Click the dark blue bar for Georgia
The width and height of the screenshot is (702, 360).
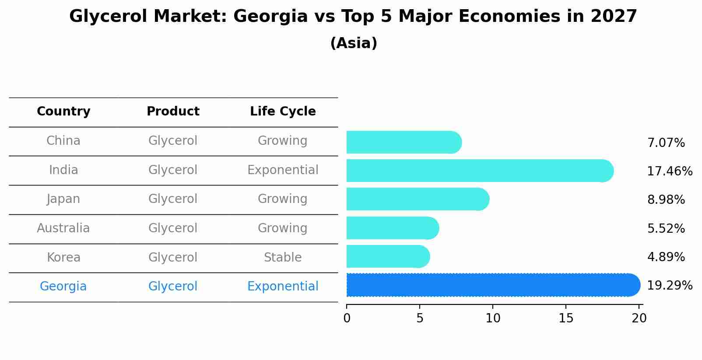[x=492, y=285]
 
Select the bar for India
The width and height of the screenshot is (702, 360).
[x=479, y=171]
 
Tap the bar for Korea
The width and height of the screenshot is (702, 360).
[x=387, y=256]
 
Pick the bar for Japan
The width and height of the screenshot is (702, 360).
[x=417, y=199]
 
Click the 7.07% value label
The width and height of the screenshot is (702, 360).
[x=666, y=143]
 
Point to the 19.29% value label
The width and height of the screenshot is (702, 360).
[x=669, y=286]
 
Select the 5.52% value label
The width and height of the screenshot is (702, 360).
[x=666, y=228]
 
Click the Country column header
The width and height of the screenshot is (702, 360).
[x=63, y=112]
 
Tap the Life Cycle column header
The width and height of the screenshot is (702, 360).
[x=283, y=112]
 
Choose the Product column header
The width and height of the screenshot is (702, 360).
[x=173, y=112]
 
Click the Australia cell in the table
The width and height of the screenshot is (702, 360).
[x=63, y=228]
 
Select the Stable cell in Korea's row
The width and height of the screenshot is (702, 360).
[x=283, y=258]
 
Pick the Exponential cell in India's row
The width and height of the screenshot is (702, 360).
[x=283, y=170]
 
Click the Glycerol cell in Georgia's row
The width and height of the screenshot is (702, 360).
[x=173, y=287]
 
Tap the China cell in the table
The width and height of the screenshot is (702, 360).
[x=63, y=141]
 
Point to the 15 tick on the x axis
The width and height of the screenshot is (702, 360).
[x=566, y=318]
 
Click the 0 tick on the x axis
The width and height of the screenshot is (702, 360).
[x=347, y=318]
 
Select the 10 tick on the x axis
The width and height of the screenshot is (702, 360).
[x=493, y=318]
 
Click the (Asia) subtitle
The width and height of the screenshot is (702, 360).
[x=354, y=43]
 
